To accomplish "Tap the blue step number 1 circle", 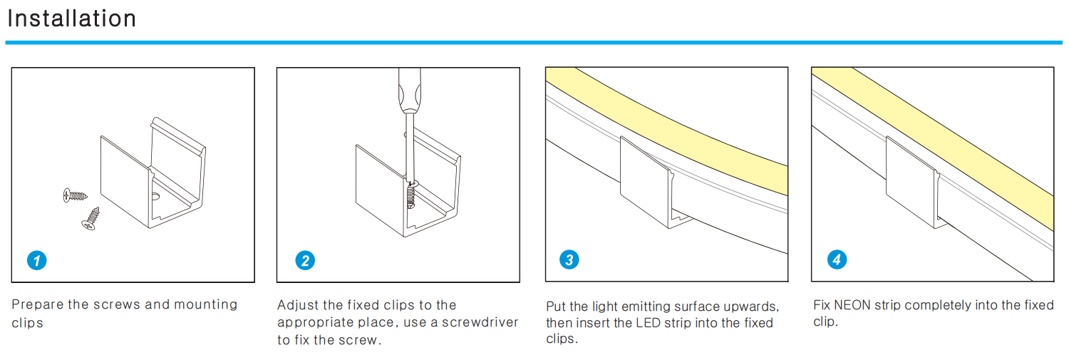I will pos(36,260).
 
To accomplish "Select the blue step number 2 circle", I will pos(305,260).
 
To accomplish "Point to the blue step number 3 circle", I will pos(569,259).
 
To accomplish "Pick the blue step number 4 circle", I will pos(837,259).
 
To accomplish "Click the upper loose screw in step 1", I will pos(75,193).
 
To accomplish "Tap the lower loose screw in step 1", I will pos(91,218).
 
